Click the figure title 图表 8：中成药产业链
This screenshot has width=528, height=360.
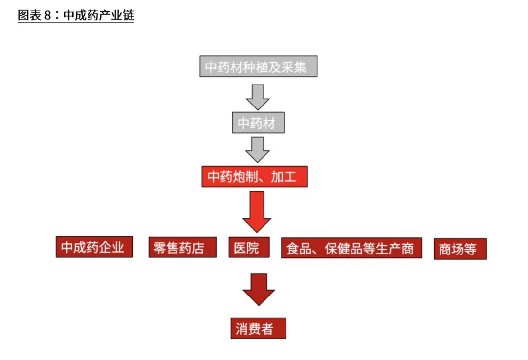point(76,15)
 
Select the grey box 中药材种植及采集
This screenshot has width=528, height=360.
point(258,66)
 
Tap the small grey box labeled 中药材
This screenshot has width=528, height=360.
point(258,123)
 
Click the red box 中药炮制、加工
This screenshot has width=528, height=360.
point(254,176)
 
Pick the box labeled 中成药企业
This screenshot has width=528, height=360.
point(94,247)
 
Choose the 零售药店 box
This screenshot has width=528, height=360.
point(182,247)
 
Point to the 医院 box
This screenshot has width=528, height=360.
point(249,247)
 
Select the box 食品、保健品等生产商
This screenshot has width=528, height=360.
point(351,248)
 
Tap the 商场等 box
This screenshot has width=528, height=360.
point(460,249)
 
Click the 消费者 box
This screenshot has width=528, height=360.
point(258,328)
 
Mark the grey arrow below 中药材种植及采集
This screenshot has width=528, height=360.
point(258,96)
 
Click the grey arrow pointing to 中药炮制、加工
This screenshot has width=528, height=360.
point(258,149)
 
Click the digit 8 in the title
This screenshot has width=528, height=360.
point(48,15)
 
